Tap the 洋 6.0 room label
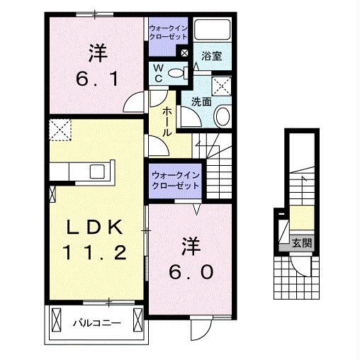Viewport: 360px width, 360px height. click(x=190, y=259)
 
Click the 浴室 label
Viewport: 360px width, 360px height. click(x=211, y=57)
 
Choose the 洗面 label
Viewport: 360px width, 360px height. click(x=201, y=101)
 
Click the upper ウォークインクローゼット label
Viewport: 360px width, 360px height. click(x=168, y=32)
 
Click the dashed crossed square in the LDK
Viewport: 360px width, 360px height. click(x=59, y=130)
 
